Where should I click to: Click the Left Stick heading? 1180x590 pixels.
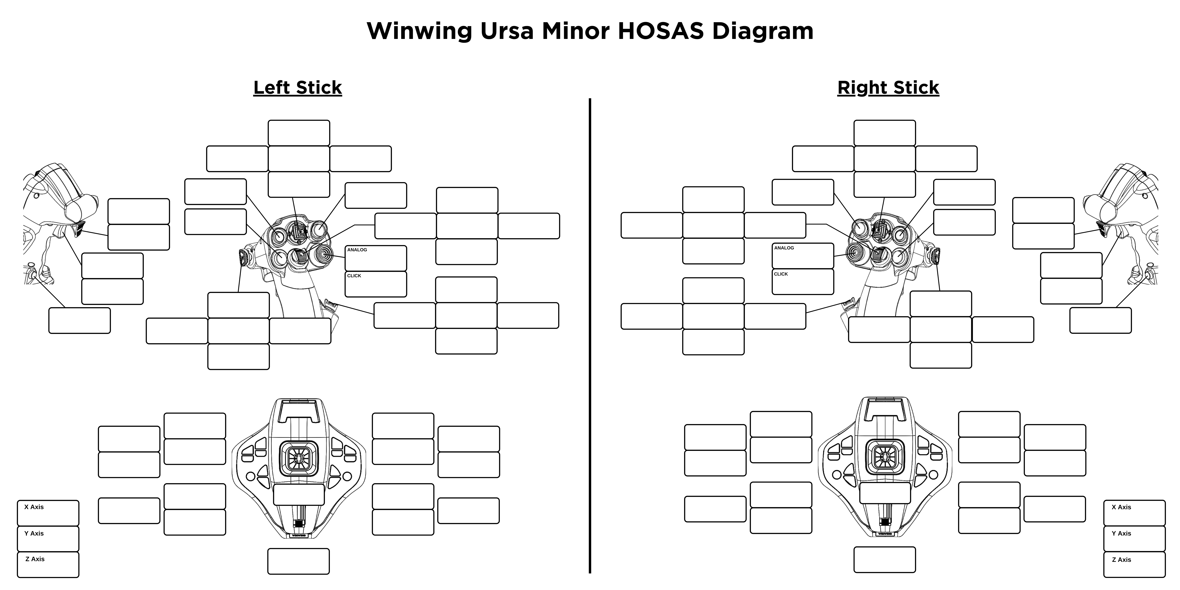pos(298,87)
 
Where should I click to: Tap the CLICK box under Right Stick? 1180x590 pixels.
pos(803,282)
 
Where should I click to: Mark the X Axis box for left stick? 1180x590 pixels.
pos(48,513)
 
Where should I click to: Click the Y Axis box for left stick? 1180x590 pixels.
pos(48,539)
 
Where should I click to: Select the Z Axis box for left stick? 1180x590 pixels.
pos(48,564)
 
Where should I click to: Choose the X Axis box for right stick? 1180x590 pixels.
pos(1134,513)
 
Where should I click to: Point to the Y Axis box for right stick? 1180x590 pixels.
pos(1134,539)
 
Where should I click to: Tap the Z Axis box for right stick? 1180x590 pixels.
pos(1134,564)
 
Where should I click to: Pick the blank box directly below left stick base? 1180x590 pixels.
pos(298,561)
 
